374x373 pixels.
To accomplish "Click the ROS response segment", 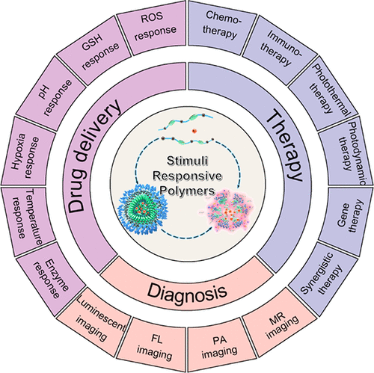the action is click(x=153, y=27).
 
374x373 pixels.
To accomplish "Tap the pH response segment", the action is click(x=52, y=95).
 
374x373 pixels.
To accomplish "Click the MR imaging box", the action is click(x=279, y=323).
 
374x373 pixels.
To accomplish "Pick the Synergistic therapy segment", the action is click(x=323, y=277).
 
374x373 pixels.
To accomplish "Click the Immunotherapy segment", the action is click(x=279, y=50).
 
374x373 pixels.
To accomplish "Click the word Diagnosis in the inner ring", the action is click(x=187, y=291).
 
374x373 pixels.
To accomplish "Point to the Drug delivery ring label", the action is click(x=93, y=156).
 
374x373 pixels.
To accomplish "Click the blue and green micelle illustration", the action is click(x=143, y=209).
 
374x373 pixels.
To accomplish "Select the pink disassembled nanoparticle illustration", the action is click(x=227, y=210).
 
